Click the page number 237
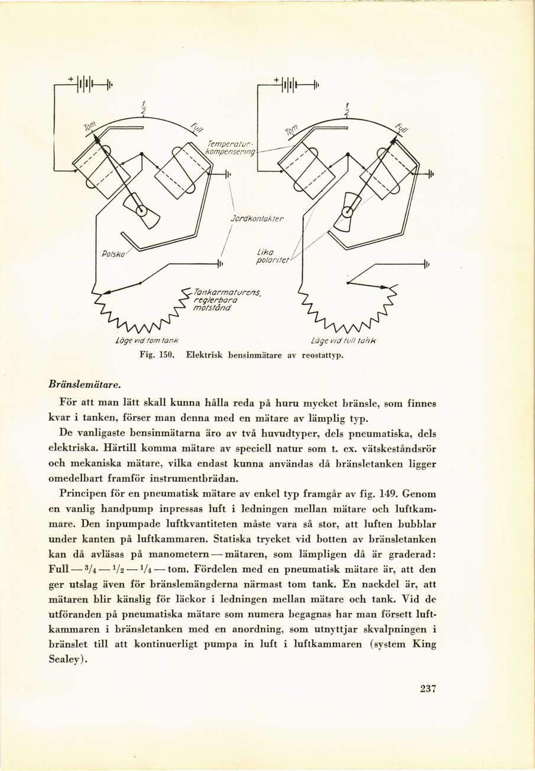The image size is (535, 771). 427,688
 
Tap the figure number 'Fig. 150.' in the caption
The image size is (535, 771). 155,356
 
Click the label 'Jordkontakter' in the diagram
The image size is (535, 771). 256,218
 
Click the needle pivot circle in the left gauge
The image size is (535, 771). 141,210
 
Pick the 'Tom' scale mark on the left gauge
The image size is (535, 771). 89,126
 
